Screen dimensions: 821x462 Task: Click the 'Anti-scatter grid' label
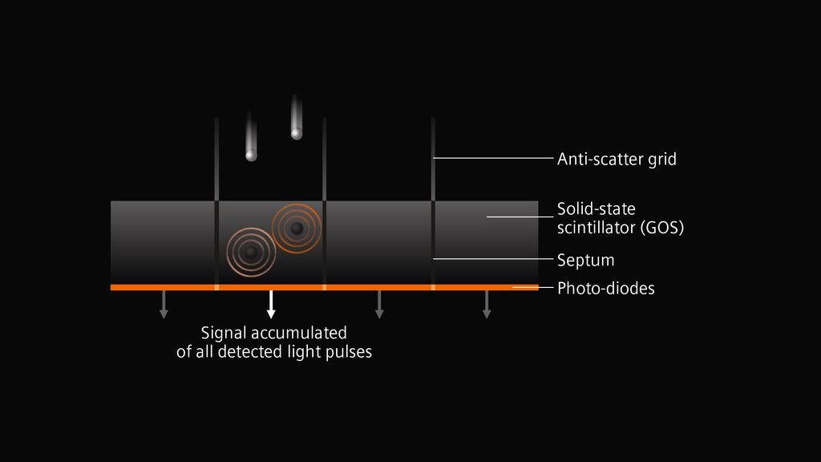617,159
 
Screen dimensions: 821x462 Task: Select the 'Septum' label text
585,261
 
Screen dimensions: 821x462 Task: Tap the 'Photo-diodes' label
606,288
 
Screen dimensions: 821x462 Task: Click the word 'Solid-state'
597,209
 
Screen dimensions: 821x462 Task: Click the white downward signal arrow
271,304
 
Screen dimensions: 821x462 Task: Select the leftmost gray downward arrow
164,304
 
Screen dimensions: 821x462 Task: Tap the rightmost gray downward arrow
487,304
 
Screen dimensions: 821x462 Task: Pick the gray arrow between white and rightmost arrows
379,304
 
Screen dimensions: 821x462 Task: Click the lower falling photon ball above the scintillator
251,155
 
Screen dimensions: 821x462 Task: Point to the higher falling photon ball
297,134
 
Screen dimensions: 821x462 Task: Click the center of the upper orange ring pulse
297,229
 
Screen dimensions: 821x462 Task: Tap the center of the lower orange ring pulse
251,253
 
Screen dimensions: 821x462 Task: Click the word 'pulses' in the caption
349,352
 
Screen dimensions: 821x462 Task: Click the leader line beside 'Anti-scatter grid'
493,158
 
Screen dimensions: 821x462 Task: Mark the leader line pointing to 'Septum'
493,259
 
